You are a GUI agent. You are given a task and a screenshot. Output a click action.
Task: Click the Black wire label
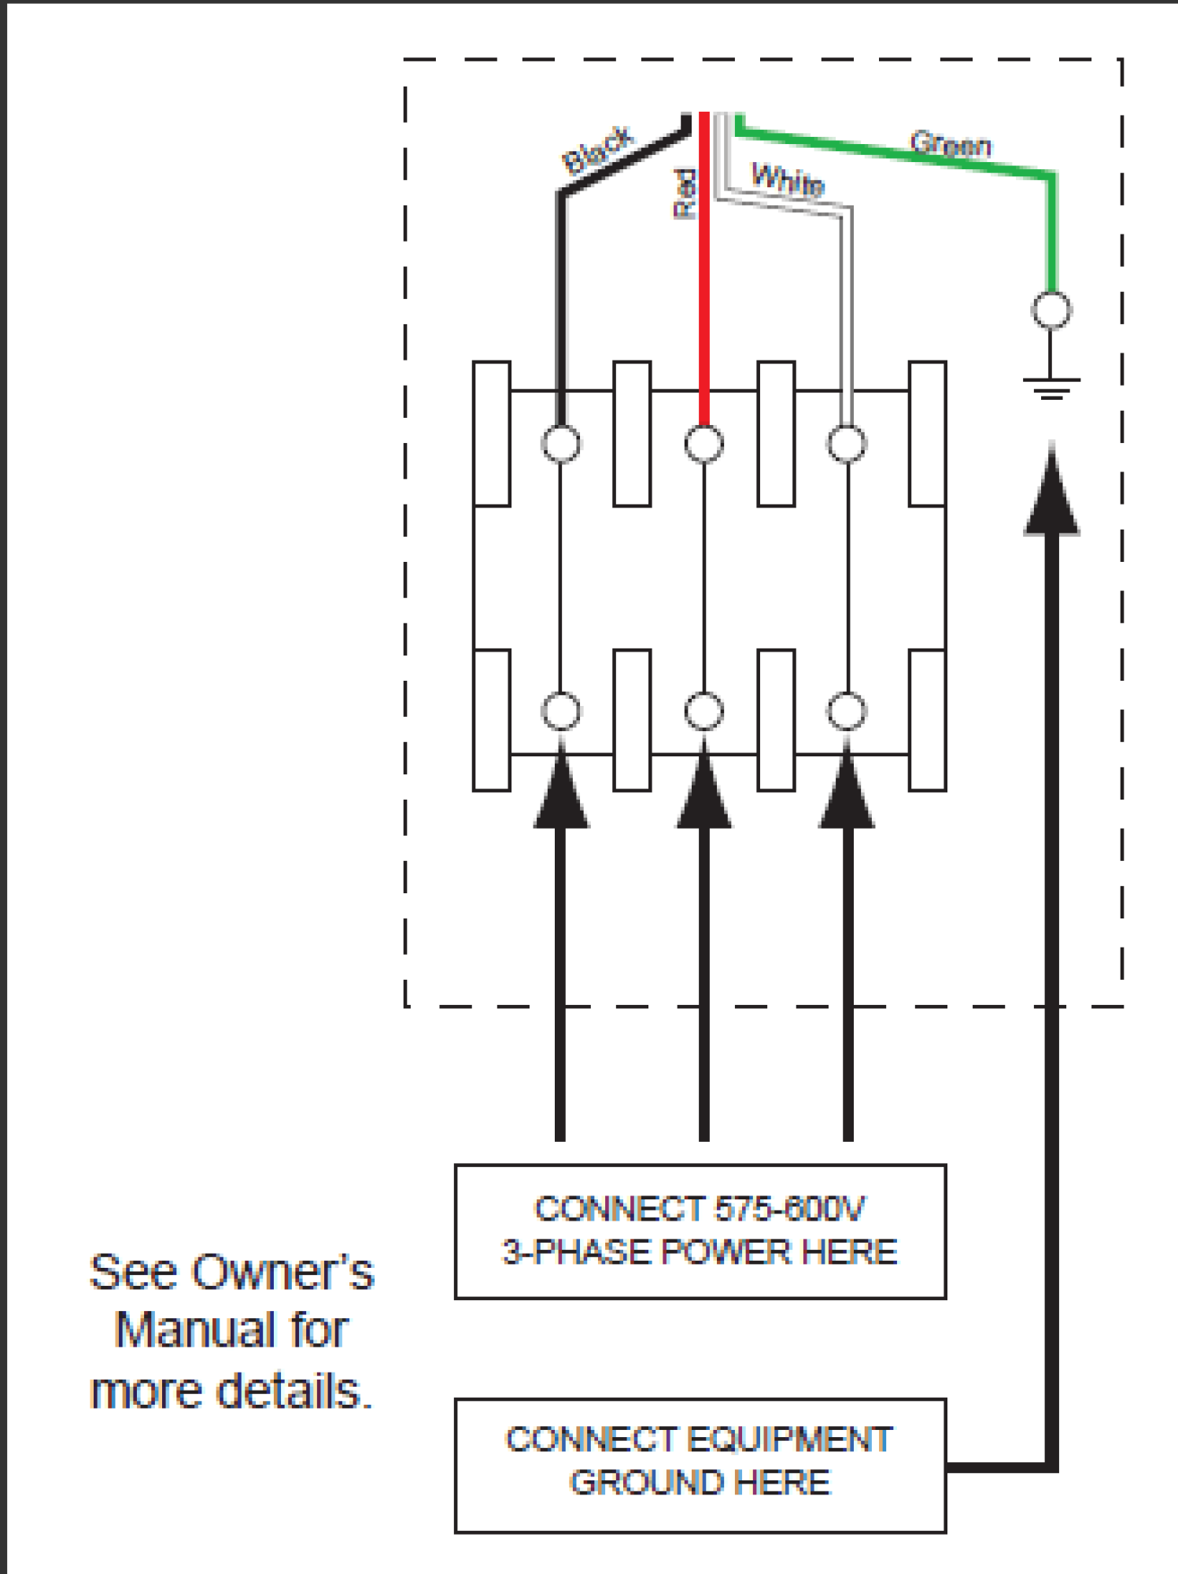(x=598, y=149)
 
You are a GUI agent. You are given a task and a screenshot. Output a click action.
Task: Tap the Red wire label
(x=685, y=194)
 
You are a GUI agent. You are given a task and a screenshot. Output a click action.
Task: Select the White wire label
(x=788, y=179)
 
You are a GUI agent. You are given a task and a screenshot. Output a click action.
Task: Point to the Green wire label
(x=950, y=144)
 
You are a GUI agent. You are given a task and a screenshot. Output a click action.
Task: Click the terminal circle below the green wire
(x=1051, y=309)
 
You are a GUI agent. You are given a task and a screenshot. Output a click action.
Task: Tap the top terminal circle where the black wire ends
(x=561, y=444)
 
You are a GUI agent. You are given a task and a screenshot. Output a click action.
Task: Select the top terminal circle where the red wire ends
(x=703, y=444)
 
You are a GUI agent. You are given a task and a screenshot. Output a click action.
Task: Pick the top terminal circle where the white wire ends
(x=847, y=444)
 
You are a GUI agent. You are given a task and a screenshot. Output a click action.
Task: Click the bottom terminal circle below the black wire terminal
(x=561, y=711)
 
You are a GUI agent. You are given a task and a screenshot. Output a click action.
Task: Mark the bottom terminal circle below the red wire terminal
(x=703, y=711)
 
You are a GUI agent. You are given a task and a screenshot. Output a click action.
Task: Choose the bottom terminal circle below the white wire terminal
(x=847, y=711)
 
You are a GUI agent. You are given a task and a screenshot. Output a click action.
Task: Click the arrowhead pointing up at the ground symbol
(x=1051, y=496)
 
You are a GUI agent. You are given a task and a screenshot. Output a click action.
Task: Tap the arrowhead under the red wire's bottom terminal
(x=703, y=791)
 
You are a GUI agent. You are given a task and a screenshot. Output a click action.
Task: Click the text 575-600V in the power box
(x=789, y=1209)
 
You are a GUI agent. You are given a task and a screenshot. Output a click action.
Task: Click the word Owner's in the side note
(x=282, y=1272)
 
